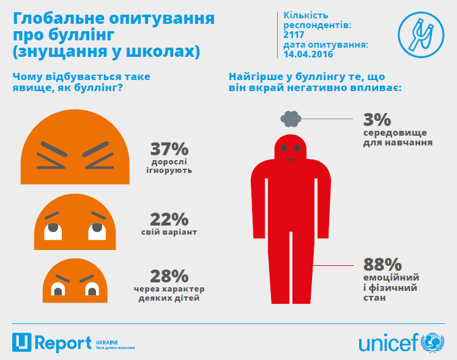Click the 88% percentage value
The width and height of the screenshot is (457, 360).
pos(382,265)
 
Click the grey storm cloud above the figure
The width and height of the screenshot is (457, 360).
pos(291,117)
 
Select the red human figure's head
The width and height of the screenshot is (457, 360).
pos(291,148)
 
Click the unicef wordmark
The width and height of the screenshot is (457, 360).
pos(387,342)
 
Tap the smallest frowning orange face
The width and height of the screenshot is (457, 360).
pos(75,279)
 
